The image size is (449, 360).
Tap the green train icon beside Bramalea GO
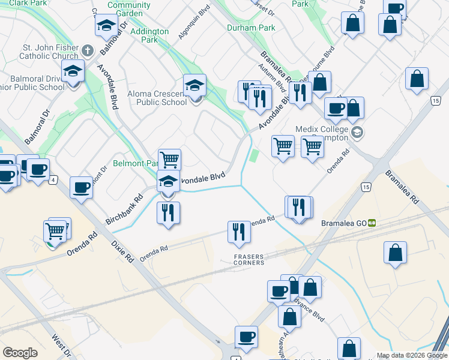(372, 223)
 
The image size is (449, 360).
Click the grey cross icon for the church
(87, 50)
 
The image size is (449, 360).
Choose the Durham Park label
(251, 28)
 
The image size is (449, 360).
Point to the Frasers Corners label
(249, 259)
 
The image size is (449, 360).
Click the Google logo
(20, 353)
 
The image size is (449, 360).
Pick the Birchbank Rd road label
(125, 206)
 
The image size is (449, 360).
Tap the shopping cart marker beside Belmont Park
(170, 160)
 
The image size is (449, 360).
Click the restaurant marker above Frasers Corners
(239, 232)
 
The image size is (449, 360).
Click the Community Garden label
(129, 9)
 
